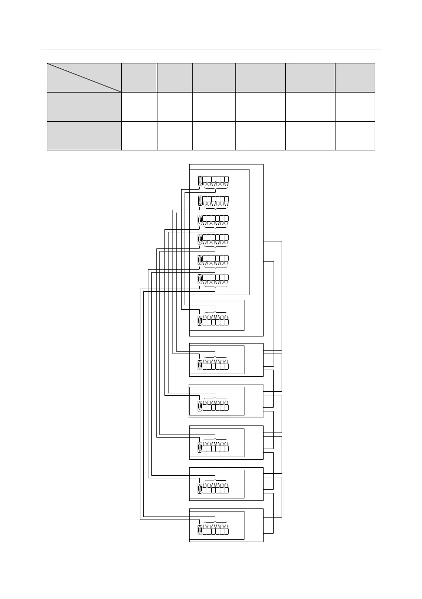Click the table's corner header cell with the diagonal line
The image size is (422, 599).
pos(84,77)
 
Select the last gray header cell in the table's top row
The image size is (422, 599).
pos(355,77)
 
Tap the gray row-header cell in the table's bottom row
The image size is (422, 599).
pos(84,135)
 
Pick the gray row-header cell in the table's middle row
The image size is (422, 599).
pos(84,107)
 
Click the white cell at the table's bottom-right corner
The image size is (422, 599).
pos(355,135)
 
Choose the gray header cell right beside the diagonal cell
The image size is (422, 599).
pos(139,77)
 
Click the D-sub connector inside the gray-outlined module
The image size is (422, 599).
pos(200,406)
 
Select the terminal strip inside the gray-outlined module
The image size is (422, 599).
pos(215,406)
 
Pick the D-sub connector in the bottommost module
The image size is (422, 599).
pos(200,530)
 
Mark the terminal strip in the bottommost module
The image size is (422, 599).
pos(215,530)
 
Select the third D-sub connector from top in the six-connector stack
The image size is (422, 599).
pos(200,220)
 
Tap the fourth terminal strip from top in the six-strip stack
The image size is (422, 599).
pos(215,239)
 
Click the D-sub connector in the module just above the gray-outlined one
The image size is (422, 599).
pos(200,365)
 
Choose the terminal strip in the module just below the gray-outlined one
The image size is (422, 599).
pos(215,447)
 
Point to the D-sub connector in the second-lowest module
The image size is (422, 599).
pos(200,488)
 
